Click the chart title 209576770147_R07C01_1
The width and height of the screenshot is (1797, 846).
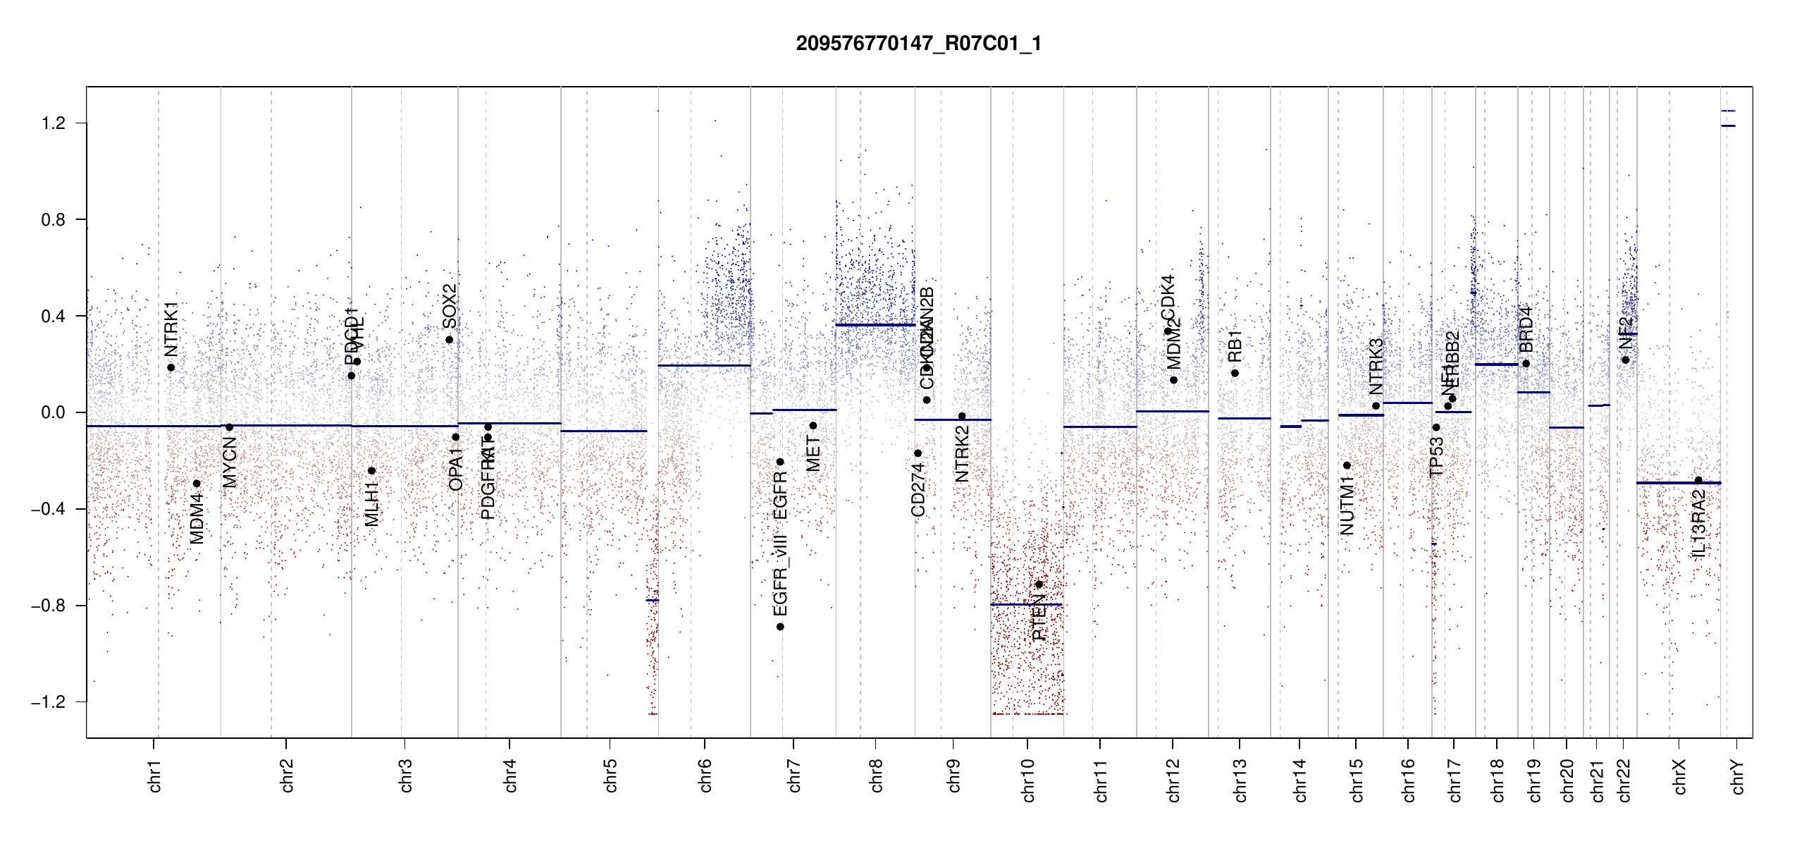(918, 44)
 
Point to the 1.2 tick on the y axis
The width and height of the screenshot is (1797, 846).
(54, 123)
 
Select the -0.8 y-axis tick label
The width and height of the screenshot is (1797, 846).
(49, 606)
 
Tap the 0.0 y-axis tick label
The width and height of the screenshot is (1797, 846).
(54, 412)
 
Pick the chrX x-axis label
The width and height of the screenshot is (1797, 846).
(1679, 777)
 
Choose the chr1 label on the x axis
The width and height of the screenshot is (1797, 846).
(155, 775)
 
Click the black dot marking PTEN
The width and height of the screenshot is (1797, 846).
(1039, 584)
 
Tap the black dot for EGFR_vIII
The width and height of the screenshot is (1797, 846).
(780, 627)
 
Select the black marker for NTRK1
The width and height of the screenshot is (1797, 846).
(171, 367)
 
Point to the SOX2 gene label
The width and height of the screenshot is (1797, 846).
(450, 306)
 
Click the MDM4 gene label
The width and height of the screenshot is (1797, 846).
(197, 518)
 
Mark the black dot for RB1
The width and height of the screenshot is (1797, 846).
(1235, 373)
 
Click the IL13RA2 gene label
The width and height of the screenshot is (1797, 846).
(1698, 524)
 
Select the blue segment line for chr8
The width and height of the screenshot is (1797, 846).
(875, 325)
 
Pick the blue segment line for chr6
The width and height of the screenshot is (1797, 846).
(704, 365)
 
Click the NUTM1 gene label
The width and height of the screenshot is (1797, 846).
(1347, 505)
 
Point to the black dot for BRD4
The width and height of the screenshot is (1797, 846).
(1526, 364)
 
